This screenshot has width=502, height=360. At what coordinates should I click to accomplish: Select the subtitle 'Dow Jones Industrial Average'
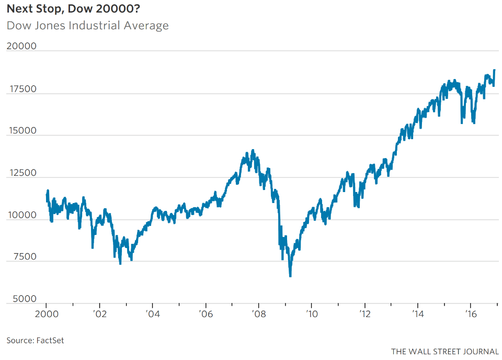tap(88, 25)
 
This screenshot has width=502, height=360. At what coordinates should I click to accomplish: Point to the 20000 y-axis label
tap(21, 46)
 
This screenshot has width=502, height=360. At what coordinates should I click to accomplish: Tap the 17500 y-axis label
tap(21, 89)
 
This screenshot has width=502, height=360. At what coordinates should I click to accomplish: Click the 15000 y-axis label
tap(21, 131)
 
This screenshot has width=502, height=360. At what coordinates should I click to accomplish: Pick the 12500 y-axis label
tap(21, 173)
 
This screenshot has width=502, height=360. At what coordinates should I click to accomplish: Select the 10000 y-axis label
tap(21, 215)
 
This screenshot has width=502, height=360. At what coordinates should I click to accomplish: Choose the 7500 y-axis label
tap(23, 257)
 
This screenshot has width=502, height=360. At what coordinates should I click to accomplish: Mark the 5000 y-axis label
tap(23, 299)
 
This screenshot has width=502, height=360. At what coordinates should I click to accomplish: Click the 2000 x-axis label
tap(46, 314)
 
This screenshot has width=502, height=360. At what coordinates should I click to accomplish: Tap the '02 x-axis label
tap(99, 314)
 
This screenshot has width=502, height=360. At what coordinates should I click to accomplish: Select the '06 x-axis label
tap(206, 314)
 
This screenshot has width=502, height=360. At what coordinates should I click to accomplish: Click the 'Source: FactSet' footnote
tap(36, 340)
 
